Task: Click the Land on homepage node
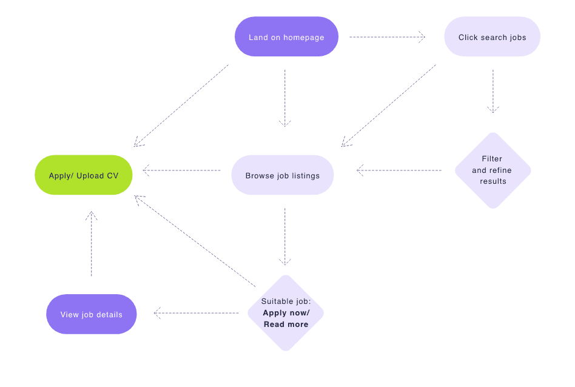click(x=286, y=37)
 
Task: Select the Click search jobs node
click(x=492, y=37)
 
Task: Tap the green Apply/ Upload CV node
click(x=84, y=175)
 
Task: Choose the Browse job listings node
click(x=283, y=175)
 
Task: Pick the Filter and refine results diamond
click(x=492, y=170)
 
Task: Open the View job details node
click(x=92, y=314)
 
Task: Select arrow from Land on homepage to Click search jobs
click(x=387, y=37)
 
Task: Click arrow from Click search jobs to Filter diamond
click(x=493, y=91)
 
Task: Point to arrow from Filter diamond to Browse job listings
click(x=399, y=170)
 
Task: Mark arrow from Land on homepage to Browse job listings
click(x=285, y=97)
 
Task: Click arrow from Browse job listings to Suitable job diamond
click(x=285, y=237)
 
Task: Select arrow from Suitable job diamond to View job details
click(x=197, y=313)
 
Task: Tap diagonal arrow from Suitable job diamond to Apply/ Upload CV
click(x=195, y=241)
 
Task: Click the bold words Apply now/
click(x=286, y=313)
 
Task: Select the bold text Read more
click(x=286, y=325)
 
